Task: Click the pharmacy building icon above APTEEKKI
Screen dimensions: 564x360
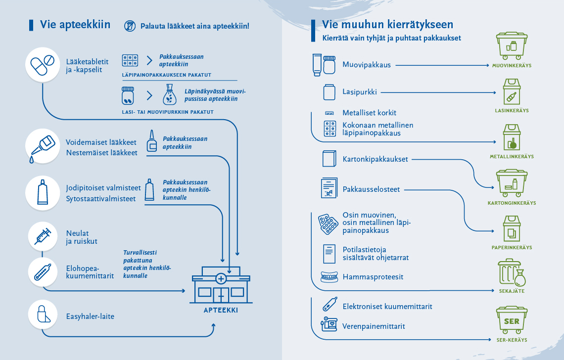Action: [x=221, y=285]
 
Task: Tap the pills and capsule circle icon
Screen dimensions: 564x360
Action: [x=43, y=65]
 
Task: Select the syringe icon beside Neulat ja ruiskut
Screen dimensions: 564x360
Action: [x=43, y=236]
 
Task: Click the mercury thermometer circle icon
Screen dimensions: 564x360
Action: [x=43, y=272]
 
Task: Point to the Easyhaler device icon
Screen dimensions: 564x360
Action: [x=43, y=315]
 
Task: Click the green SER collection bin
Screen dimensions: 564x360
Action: [x=512, y=320]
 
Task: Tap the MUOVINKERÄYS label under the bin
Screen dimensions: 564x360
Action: [x=512, y=65]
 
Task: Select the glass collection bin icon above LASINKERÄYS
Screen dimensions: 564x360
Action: [x=512, y=91]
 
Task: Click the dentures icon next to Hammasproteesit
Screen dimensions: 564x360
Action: [x=329, y=277]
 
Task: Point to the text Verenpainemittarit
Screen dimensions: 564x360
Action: [x=374, y=326]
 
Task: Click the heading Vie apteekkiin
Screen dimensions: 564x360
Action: [x=75, y=24]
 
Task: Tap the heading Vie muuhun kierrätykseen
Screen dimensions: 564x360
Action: [x=387, y=24]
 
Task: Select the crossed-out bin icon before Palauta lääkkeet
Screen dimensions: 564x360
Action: [x=130, y=26]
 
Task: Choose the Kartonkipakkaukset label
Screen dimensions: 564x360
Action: [x=375, y=159]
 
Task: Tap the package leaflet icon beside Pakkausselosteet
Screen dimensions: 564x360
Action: [x=329, y=188]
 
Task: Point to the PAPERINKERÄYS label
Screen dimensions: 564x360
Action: [x=512, y=247]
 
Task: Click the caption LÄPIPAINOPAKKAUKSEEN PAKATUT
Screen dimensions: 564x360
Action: [x=167, y=75]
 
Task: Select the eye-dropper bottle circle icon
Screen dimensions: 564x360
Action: [x=43, y=146]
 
